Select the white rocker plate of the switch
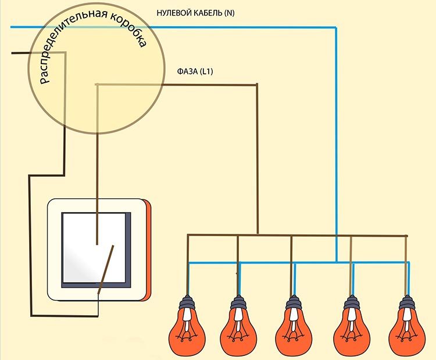(93, 244)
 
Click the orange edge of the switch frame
(149, 250)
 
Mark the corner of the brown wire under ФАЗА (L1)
(258, 85)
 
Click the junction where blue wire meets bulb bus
(337, 262)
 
